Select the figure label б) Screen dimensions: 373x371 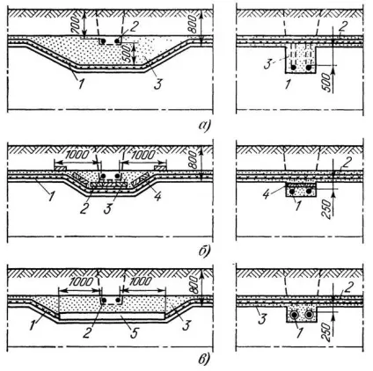[x=204, y=251]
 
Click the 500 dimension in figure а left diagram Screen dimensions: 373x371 [x=128, y=54]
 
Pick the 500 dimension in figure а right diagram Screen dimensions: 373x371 [x=328, y=84]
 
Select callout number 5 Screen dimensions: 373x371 [x=134, y=333]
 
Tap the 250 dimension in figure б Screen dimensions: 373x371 [x=328, y=209]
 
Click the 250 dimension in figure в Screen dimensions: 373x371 [x=328, y=332]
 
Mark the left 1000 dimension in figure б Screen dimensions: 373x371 [x=77, y=155]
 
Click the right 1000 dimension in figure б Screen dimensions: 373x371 [x=143, y=155]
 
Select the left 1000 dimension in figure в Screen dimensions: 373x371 [x=81, y=281]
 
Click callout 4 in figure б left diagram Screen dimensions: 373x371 [x=157, y=196]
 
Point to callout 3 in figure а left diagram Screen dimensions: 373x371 [x=157, y=84]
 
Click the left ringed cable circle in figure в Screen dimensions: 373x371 [x=294, y=315]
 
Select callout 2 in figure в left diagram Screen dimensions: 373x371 [x=85, y=333]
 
